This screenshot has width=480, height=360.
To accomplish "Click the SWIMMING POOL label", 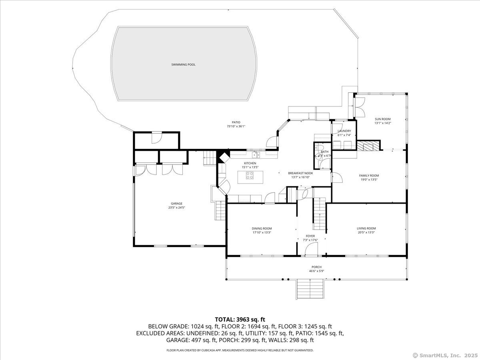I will [x=183, y=64].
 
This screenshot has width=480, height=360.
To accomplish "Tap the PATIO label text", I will [x=236, y=122].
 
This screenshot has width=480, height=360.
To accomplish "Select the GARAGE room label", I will [x=176, y=203].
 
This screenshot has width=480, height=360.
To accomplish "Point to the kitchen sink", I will [x=255, y=154].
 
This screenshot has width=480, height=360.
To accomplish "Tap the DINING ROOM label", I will [x=262, y=228].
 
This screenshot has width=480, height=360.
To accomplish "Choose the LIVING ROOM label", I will [x=366, y=228].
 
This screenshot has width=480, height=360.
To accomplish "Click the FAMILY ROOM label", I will [x=369, y=176].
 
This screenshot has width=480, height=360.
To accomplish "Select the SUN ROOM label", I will [x=382, y=119].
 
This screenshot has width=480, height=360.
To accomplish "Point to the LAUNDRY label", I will [x=344, y=131].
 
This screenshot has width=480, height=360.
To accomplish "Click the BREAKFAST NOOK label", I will [x=300, y=173].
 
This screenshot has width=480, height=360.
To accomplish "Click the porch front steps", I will [x=310, y=288].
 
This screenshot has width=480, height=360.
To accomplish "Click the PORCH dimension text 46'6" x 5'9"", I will [x=316, y=271].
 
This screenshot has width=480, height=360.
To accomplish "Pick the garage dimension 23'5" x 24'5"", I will [x=176, y=208].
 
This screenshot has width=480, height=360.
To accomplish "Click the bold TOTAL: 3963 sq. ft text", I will [x=240, y=319].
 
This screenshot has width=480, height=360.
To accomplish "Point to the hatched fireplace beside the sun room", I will [x=368, y=146].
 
